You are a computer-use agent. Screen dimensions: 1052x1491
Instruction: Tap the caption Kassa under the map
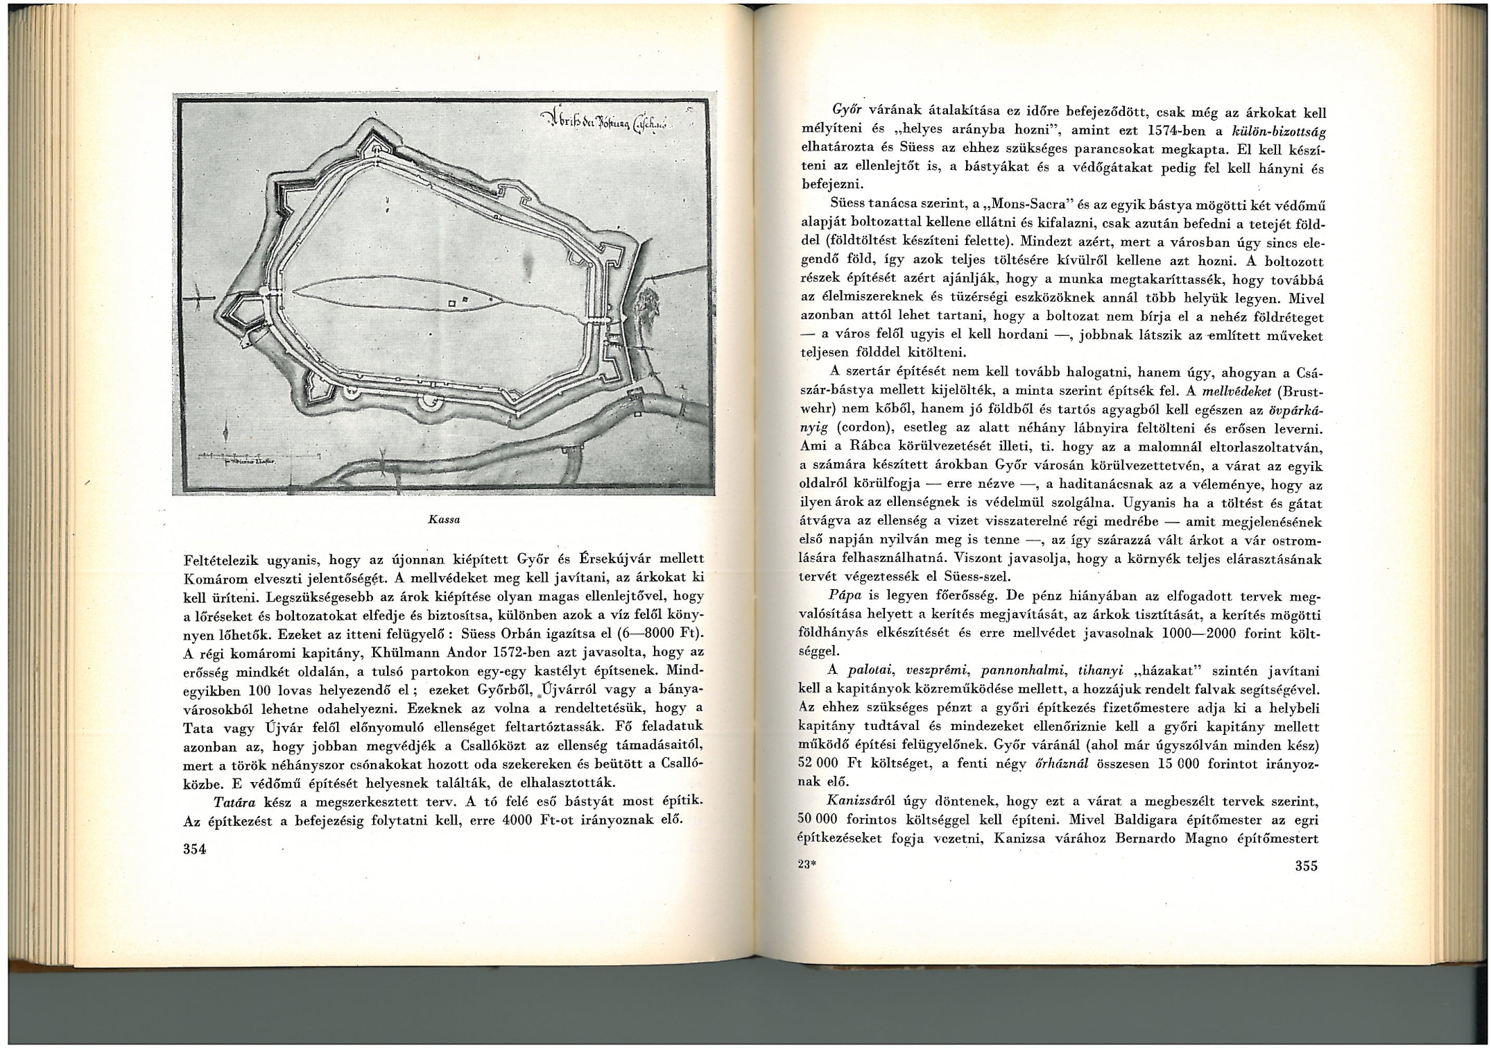coord(445,519)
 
